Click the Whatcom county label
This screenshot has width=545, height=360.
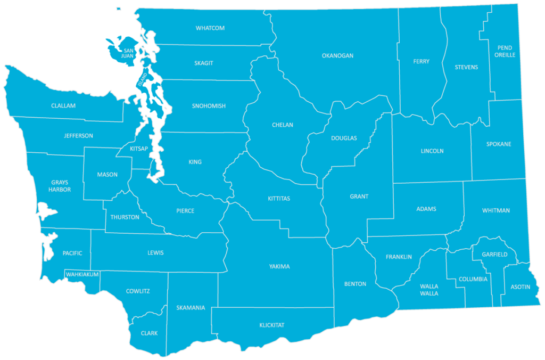pos(210,28)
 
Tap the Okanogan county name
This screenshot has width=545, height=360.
pos(337,55)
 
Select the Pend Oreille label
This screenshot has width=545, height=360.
pos(505,51)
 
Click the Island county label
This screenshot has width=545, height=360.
pos(142,80)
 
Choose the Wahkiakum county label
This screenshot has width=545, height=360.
pos(82,274)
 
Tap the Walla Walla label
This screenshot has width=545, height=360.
pos(429,290)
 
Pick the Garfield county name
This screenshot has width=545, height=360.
pos(494,255)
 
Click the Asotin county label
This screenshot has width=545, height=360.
pos(520,287)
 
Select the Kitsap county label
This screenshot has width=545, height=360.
pos(139,149)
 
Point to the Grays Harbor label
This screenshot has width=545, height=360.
pos(60,186)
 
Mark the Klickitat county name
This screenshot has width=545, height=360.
pos(272,325)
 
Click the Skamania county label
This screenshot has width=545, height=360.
pos(191,308)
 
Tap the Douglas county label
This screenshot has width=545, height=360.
pos(344,138)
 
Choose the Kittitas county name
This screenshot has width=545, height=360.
pos(279,199)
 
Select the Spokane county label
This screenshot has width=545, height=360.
pos(499,144)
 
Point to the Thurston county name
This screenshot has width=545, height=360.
pos(125,217)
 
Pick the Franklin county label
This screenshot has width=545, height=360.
pos(399,257)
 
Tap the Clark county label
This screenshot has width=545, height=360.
pos(149,333)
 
